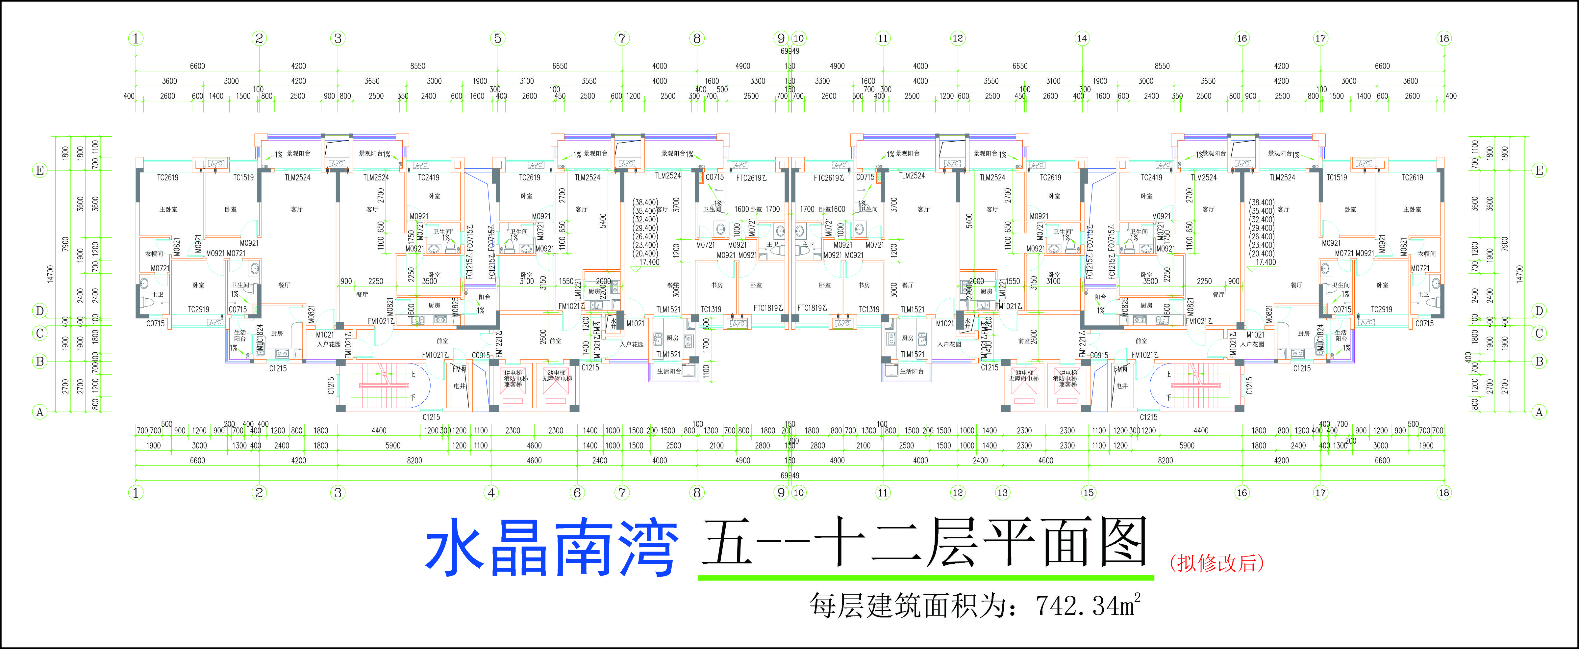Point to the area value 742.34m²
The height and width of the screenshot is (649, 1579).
click(1088, 606)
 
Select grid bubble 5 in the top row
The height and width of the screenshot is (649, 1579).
click(498, 38)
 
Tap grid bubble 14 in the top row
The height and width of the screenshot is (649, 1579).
click(1082, 38)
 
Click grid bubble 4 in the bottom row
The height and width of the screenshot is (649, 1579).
click(491, 493)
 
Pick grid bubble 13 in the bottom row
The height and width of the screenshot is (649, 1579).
click(1002, 493)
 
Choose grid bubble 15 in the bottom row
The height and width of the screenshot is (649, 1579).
click(1089, 493)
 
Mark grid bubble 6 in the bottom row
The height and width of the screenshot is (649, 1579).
click(577, 493)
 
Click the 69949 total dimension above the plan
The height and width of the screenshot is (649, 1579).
click(789, 51)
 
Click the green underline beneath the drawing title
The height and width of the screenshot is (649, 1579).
click(926, 577)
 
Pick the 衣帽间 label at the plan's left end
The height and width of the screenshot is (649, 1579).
click(154, 253)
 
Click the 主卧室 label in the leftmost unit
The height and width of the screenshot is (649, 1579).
click(168, 209)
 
